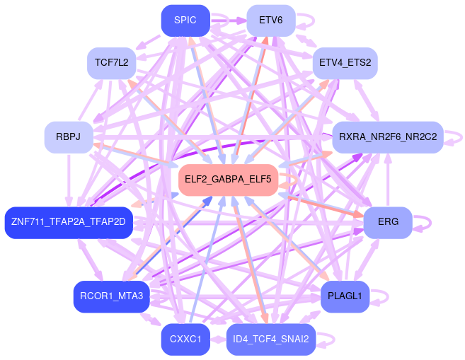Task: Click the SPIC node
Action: pos(185,21)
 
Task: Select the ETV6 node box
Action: pos(270,21)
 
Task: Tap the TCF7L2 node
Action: pos(111,63)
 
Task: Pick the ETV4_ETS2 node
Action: pos(345,63)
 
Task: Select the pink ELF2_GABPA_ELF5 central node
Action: pos(228,180)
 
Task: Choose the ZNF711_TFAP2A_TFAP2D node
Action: pos(69,223)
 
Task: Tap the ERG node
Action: pos(388,223)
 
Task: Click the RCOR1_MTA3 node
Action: pos(112,296)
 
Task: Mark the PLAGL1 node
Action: pos(345,296)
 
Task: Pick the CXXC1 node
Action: pos(185,339)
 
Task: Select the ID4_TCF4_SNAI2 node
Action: pos(270,339)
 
